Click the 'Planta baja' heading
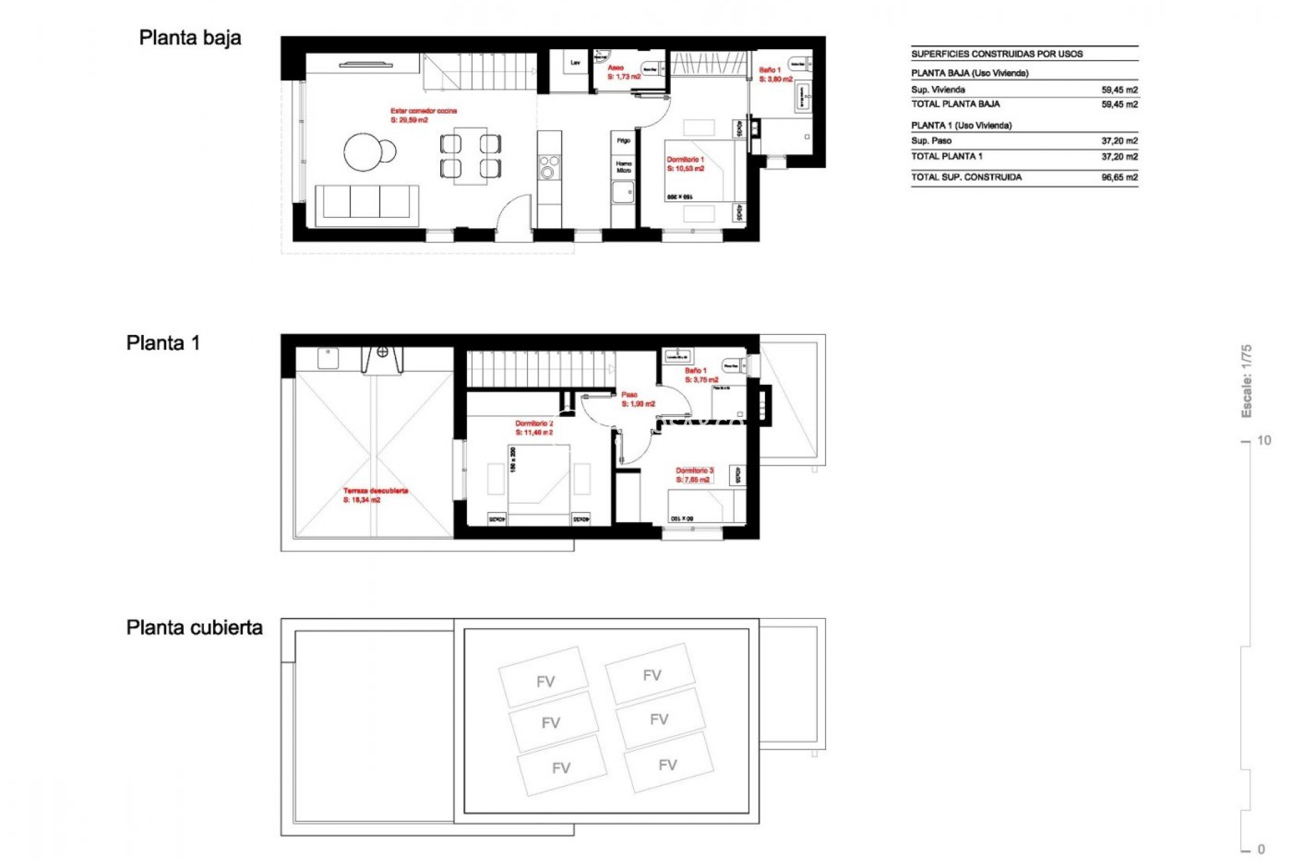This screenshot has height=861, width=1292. pyautogui.click(x=190, y=38)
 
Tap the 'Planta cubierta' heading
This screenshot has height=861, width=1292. pyautogui.click(x=194, y=628)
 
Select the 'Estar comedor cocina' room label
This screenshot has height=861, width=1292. pyautogui.click(x=423, y=111)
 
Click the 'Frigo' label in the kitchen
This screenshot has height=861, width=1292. pyautogui.click(x=623, y=141)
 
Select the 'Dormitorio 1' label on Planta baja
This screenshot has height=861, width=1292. pyautogui.click(x=685, y=160)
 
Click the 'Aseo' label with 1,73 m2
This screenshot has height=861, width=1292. pyautogui.click(x=615, y=68)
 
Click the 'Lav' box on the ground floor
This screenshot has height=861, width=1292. pyautogui.click(x=575, y=63)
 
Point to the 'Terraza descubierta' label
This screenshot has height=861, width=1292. pyautogui.click(x=375, y=491)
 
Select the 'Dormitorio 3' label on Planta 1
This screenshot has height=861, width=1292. pyautogui.click(x=694, y=471)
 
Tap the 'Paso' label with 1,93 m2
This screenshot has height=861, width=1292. pyautogui.click(x=629, y=395)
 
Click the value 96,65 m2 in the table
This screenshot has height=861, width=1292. pyautogui.click(x=1119, y=178)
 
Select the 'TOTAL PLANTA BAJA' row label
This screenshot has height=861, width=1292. pyautogui.click(x=955, y=104)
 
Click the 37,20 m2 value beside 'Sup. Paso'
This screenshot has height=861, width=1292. pyautogui.click(x=1119, y=141)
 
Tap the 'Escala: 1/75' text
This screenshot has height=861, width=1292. pyautogui.click(x=1246, y=381)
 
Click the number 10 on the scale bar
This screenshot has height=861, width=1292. pyautogui.click(x=1264, y=441)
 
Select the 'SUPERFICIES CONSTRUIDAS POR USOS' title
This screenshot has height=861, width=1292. pyautogui.click(x=997, y=54)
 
